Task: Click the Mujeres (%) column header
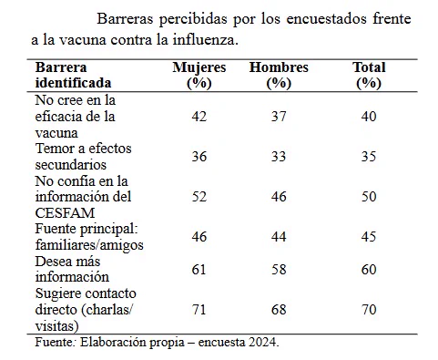click(x=199, y=76)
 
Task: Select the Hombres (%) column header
click(x=279, y=76)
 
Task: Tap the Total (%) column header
click(x=369, y=76)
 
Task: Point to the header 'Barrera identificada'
click(x=73, y=75)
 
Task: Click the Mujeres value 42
click(x=199, y=117)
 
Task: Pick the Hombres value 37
click(x=279, y=117)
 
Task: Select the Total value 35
click(x=369, y=157)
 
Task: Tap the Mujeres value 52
click(x=199, y=197)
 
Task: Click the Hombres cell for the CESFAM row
click(x=279, y=197)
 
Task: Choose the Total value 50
click(x=369, y=197)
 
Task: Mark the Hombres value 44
click(x=279, y=237)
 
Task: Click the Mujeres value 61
click(x=199, y=270)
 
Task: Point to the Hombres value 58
click(x=279, y=270)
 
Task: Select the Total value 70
click(x=369, y=310)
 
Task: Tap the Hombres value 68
click(x=279, y=310)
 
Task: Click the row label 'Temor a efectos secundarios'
click(x=83, y=157)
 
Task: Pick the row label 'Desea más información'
click(x=72, y=269)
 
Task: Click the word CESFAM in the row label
click(x=65, y=213)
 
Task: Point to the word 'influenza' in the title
click(x=206, y=40)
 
